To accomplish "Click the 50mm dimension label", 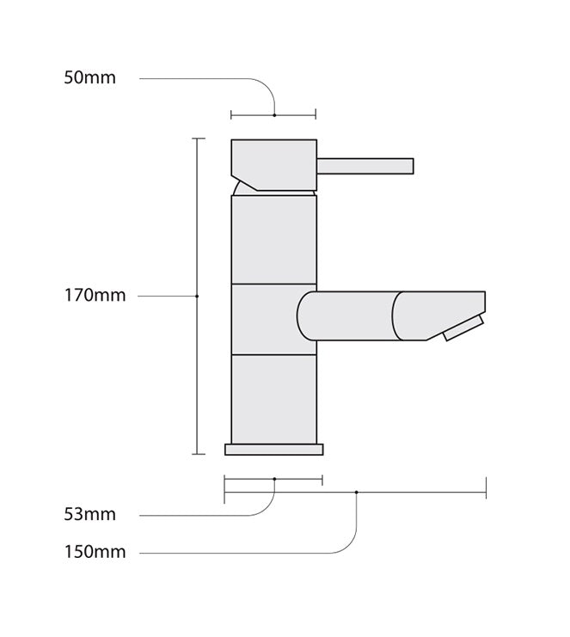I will [x=89, y=78].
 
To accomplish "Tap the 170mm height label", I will [x=95, y=296].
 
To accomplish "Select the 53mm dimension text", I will [x=89, y=515].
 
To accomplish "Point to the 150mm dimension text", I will [x=95, y=552].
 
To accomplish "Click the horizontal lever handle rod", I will [x=365, y=166].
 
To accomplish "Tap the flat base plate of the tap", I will [x=273, y=449].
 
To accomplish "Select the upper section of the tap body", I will [x=273, y=240].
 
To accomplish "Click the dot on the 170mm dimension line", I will [x=198, y=296].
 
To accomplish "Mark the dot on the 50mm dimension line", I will [x=273, y=114].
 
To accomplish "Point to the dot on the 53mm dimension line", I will [x=273, y=479].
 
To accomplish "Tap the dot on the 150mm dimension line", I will [x=356, y=492].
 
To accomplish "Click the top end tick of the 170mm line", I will [x=199, y=138].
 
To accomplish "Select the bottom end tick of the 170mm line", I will [x=199, y=453].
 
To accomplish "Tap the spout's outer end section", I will [x=434, y=314].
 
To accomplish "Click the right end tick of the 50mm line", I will [x=316, y=114].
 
